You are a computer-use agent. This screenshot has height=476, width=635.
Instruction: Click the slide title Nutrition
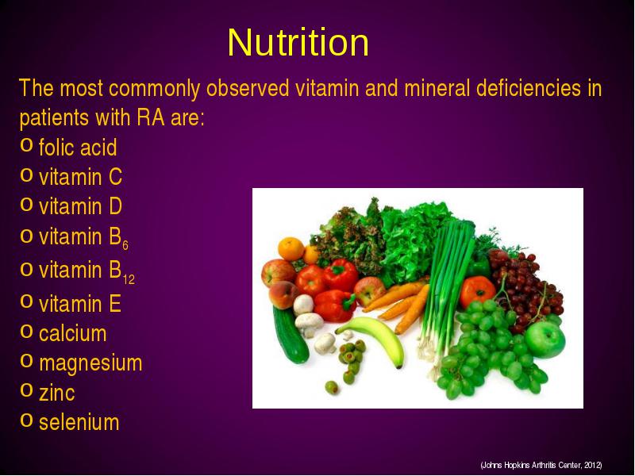tap(298, 42)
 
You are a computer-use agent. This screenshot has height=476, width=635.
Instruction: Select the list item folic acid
tap(78, 147)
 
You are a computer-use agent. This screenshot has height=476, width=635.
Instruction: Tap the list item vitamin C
tap(81, 177)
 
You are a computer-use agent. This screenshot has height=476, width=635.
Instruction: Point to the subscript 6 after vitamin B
tap(125, 245)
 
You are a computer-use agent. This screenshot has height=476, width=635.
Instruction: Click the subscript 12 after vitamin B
tap(129, 279)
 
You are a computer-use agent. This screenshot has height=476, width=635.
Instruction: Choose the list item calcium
tap(73, 333)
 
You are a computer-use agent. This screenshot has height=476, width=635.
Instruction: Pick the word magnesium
tap(90, 363)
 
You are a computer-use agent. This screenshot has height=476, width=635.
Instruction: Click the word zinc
tap(57, 393)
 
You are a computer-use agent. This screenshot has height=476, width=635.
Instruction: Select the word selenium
tap(79, 422)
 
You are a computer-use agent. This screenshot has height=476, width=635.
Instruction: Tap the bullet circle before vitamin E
tap(26, 301)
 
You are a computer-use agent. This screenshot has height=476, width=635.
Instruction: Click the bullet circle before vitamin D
tap(26, 205)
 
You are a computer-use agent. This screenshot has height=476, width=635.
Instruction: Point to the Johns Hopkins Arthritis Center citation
tap(541, 465)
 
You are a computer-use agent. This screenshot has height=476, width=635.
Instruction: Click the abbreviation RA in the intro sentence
tap(151, 117)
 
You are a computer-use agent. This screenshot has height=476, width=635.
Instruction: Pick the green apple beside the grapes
tap(545, 340)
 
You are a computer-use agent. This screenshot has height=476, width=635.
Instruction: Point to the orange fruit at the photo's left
tap(291, 248)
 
